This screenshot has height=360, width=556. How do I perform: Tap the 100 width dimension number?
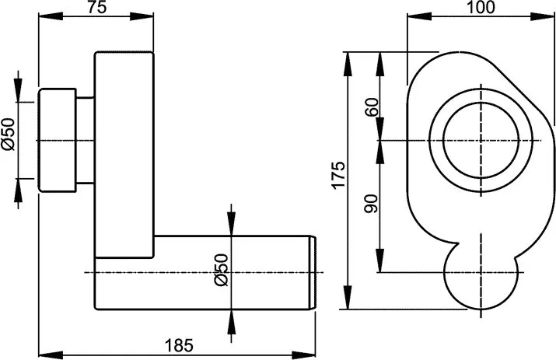481,9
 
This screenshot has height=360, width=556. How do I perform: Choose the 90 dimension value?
371,205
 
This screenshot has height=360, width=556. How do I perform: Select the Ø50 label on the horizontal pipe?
221,271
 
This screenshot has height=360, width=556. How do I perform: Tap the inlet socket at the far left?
58,140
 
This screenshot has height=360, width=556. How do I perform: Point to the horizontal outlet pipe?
233,272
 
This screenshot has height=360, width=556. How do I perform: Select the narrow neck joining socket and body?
85,140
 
